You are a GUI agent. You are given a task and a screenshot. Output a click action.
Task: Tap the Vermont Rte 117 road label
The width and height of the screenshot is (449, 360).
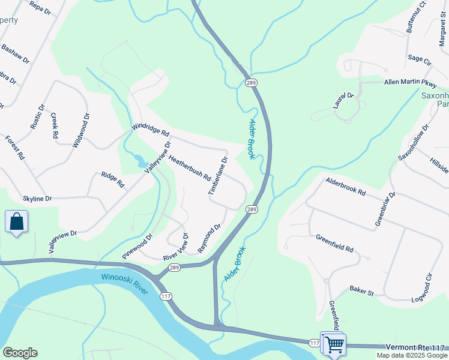[414, 347]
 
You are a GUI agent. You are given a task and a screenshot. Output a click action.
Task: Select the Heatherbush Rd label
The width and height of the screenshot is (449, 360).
[189, 169]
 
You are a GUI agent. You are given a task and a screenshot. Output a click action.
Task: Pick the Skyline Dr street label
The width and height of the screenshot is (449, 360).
[37, 198]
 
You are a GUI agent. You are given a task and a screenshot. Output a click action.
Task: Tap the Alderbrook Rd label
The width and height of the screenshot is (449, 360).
[346, 186]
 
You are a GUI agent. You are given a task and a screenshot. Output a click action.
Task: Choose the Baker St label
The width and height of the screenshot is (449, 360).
[361, 293]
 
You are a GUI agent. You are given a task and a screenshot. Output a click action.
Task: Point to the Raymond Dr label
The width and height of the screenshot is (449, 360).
[210, 238]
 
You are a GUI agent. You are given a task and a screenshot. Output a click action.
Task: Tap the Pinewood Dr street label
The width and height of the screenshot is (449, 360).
[138, 247]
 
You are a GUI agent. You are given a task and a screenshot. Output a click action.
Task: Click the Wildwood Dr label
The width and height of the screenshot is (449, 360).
[81, 130]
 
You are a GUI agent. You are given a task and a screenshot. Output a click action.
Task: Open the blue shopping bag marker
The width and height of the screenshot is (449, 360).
[17, 221]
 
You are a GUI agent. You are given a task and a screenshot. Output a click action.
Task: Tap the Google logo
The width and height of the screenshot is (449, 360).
[20, 353]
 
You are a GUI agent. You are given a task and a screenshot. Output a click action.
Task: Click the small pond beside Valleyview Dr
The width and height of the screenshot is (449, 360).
[141, 161]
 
